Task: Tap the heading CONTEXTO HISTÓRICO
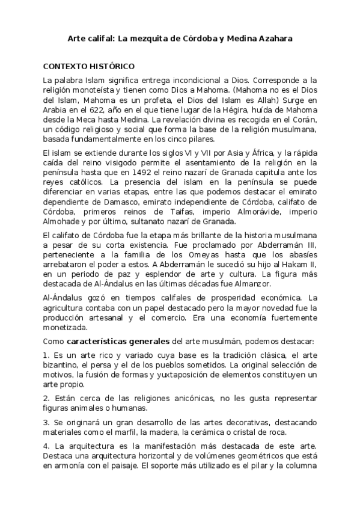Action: [x=89, y=66]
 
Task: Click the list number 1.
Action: [x=46, y=356]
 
